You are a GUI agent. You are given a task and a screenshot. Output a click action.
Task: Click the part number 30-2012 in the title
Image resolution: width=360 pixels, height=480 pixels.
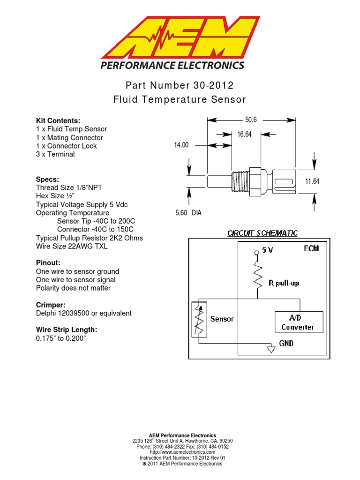point(212,86)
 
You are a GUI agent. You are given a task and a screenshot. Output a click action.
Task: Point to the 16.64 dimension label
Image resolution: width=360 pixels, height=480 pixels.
point(244,135)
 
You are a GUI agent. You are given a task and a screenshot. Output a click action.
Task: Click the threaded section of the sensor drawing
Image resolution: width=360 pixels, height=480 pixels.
point(240,180)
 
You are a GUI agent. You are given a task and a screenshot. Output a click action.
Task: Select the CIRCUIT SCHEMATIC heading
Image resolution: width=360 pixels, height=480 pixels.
point(262,233)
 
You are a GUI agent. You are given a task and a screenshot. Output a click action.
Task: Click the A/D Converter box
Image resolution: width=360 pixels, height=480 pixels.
point(298,322)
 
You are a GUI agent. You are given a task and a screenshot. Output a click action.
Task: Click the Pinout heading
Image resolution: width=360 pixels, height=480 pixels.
point(48,263)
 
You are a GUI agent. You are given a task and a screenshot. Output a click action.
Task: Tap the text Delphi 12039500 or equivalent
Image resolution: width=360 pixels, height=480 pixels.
point(83,313)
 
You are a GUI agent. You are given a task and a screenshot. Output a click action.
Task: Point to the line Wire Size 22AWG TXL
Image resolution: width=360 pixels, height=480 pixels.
point(72,246)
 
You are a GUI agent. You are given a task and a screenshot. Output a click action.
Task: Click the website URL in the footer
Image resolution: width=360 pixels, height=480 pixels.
point(180,452)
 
